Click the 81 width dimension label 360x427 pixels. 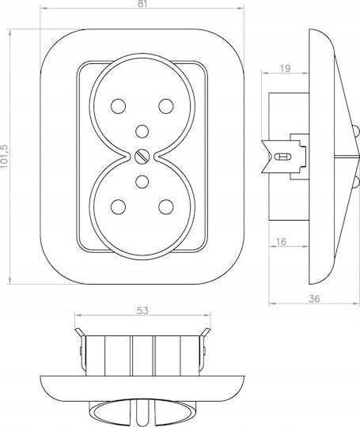(x=142, y=4)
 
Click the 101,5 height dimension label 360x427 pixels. (x=5, y=157)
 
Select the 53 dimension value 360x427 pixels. (x=142, y=311)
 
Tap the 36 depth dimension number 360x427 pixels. (x=314, y=299)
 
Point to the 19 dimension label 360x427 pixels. (x=285, y=68)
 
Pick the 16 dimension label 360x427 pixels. (x=281, y=241)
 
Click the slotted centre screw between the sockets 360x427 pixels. (x=142, y=157)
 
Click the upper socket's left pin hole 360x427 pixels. (x=118, y=106)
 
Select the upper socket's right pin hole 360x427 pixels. (x=166, y=106)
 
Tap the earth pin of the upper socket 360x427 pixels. (x=142, y=131)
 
